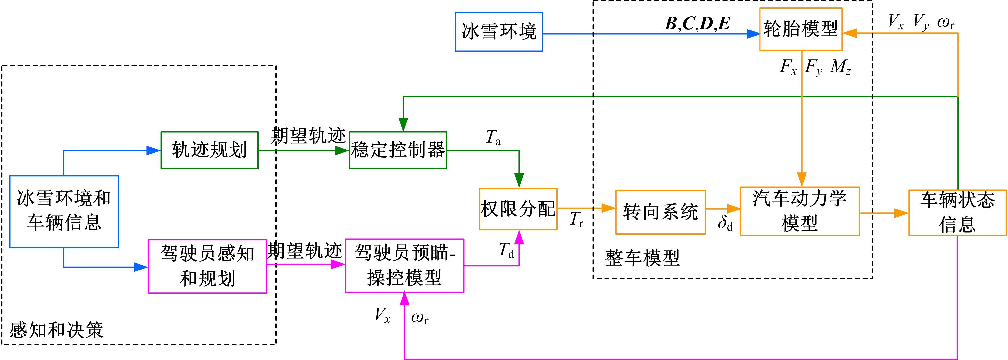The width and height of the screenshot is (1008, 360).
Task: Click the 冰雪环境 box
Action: click(499, 32)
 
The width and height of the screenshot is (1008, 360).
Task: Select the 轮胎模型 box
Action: click(801, 29)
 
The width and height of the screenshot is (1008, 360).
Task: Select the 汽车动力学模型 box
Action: click(799, 211)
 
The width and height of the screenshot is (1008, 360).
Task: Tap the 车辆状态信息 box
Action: click(957, 212)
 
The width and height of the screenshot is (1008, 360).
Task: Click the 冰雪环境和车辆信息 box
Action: click(64, 211)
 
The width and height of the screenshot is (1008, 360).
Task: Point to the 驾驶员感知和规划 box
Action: click(207, 266)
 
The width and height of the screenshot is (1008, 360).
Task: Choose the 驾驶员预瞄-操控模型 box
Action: click(404, 266)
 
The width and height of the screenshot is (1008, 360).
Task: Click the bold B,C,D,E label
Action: click(697, 24)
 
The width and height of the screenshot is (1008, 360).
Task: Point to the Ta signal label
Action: click(493, 137)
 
